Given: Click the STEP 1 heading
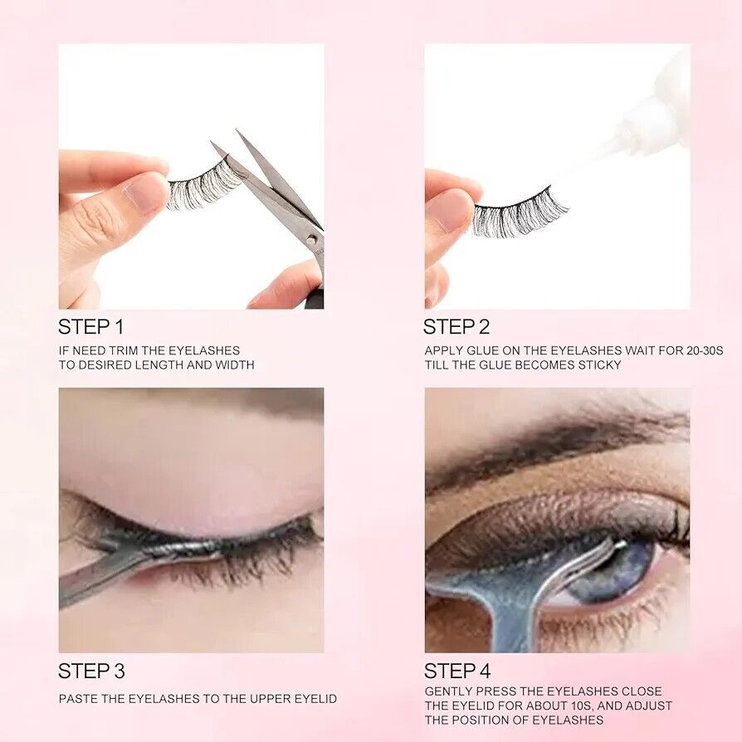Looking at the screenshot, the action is pyautogui.click(x=90, y=327).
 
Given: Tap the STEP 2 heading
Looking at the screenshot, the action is pyautogui.click(x=456, y=327).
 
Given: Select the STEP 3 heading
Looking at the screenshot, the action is pyautogui.click(x=91, y=671).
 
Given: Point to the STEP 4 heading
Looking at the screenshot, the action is pyautogui.click(x=457, y=671).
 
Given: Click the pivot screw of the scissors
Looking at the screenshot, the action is pyautogui.click(x=312, y=240).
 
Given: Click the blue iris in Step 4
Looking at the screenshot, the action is pyautogui.click(x=615, y=573).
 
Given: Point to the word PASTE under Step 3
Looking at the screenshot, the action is pyautogui.click(x=74, y=699).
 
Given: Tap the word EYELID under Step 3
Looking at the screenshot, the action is pyautogui.click(x=315, y=699).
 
